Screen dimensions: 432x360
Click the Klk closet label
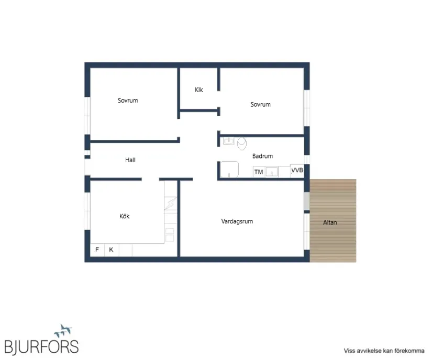(198, 89)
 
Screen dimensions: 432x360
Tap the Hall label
(130, 160)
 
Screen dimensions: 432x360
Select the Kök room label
(124, 216)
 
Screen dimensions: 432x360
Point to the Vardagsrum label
(237, 221)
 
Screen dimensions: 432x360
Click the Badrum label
(262, 156)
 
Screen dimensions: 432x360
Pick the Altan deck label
(330, 222)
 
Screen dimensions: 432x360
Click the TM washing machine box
(259, 172)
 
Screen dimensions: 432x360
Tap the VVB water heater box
(297, 171)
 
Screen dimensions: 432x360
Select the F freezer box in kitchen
(97, 250)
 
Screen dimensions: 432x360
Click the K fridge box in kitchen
(112, 250)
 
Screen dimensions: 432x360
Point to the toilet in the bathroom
(242, 143)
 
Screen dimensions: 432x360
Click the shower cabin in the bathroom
(229, 169)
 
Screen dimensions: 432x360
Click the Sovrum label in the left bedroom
(128, 100)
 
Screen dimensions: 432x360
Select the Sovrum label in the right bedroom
(260, 104)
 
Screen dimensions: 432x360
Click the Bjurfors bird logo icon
(63, 331)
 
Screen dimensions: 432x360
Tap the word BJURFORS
(41, 346)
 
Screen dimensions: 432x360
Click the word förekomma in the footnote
(409, 351)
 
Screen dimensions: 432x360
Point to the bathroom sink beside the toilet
(228, 141)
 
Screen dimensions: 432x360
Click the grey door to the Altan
(307, 201)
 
